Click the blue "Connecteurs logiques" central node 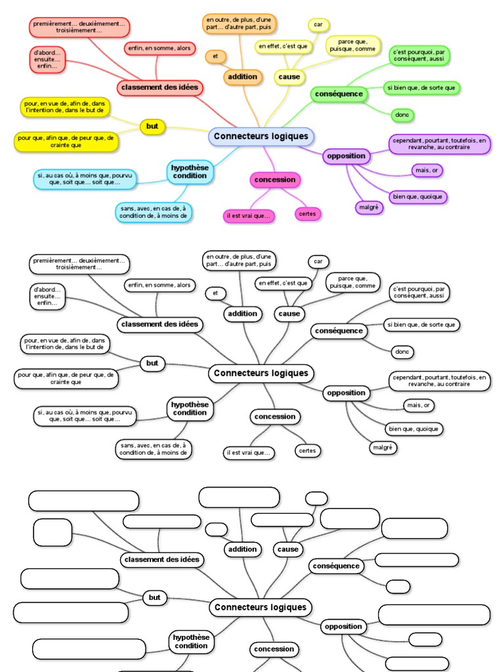[x=261, y=136]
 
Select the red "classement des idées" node [x=160, y=87]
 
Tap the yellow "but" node [x=152, y=126]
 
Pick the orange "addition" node [x=242, y=77]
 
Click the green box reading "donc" [x=402, y=115]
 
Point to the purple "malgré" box [x=369, y=207]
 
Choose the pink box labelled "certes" [x=306, y=213]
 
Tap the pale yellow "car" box [x=318, y=24]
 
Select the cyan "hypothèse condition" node [x=190, y=171]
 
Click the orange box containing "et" [x=215, y=56]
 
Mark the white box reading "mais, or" [x=419, y=406]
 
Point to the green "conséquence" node [x=339, y=94]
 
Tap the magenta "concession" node [x=275, y=179]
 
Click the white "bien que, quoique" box [x=414, y=429]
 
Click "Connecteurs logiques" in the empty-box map [x=261, y=607]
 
